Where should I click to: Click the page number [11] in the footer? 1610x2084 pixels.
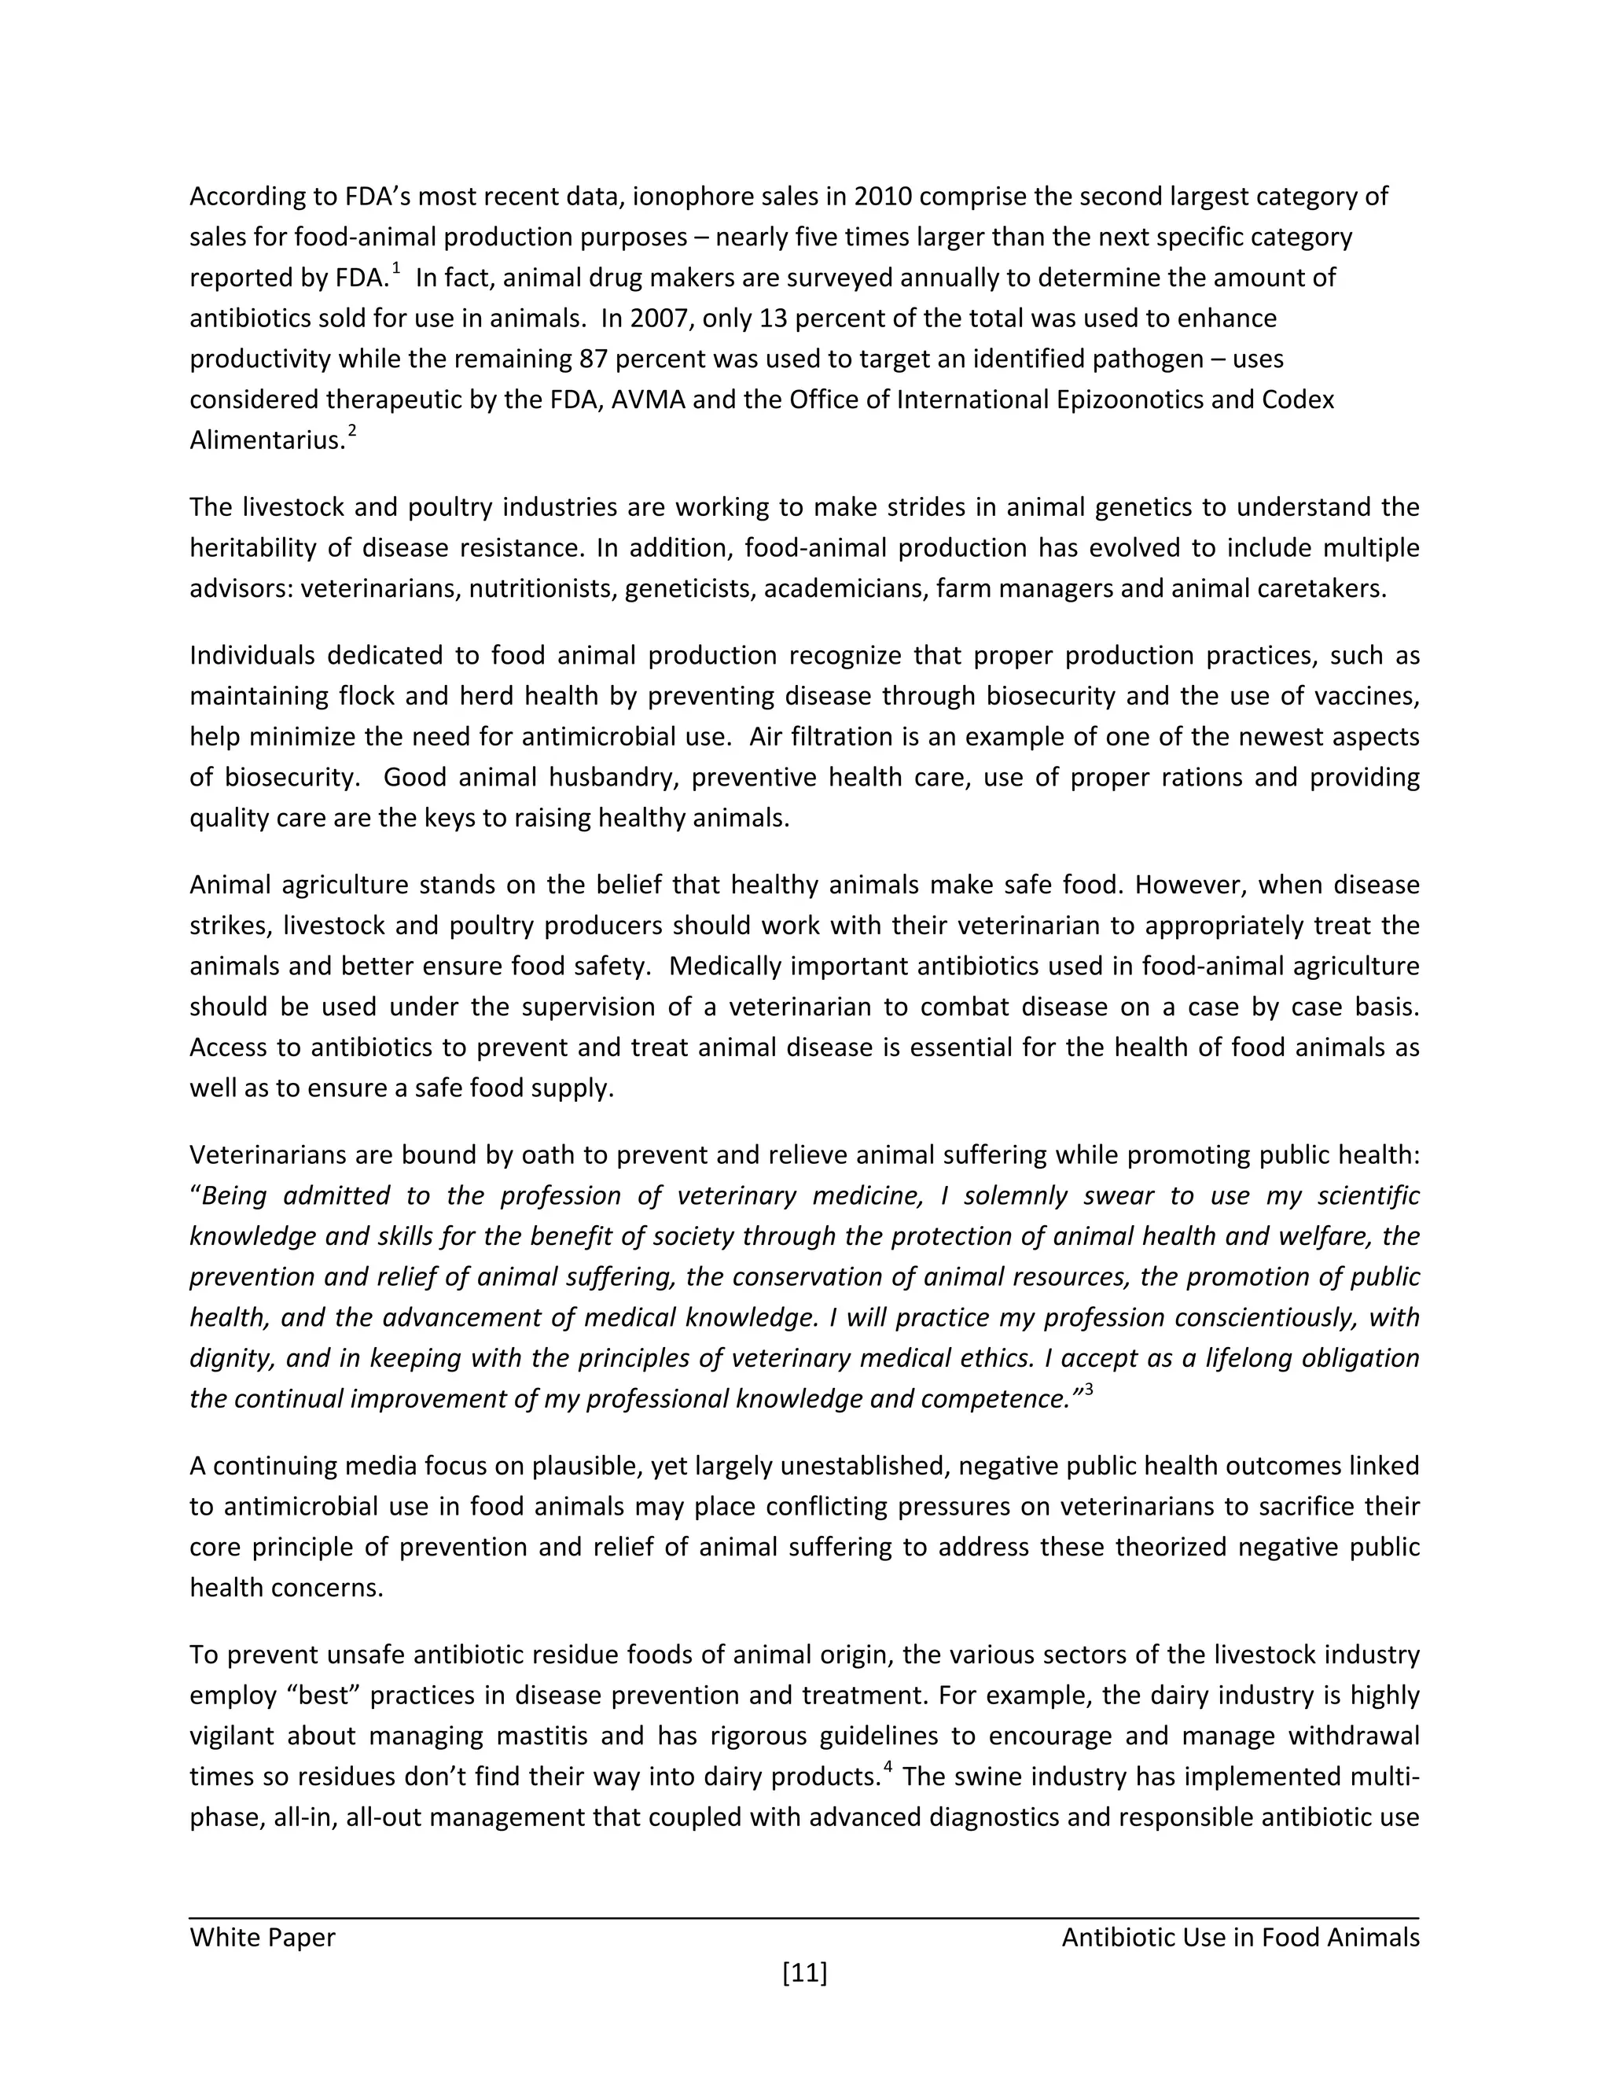click(804, 1972)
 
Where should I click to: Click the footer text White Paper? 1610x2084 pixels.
click(263, 1937)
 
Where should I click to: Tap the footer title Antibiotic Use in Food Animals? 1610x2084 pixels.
click(1240, 1937)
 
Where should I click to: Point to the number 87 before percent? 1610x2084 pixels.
click(594, 359)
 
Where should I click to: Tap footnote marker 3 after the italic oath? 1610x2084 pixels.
click(1088, 1388)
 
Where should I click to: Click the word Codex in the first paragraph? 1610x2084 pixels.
click(1297, 399)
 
